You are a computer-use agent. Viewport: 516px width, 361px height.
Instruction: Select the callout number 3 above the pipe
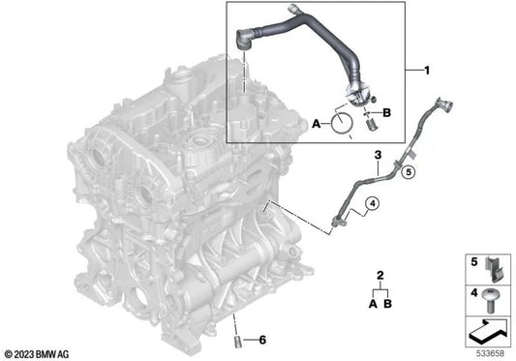point(379,155)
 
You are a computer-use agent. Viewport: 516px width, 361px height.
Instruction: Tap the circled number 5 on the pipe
point(409,173)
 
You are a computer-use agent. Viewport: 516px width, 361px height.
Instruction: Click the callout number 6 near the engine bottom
point(260,340)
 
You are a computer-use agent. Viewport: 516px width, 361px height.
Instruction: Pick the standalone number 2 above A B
point(380,276)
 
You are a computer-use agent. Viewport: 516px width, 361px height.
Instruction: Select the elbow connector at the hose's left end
point(244,42)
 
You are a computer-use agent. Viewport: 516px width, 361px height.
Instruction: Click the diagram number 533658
point(494,351)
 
